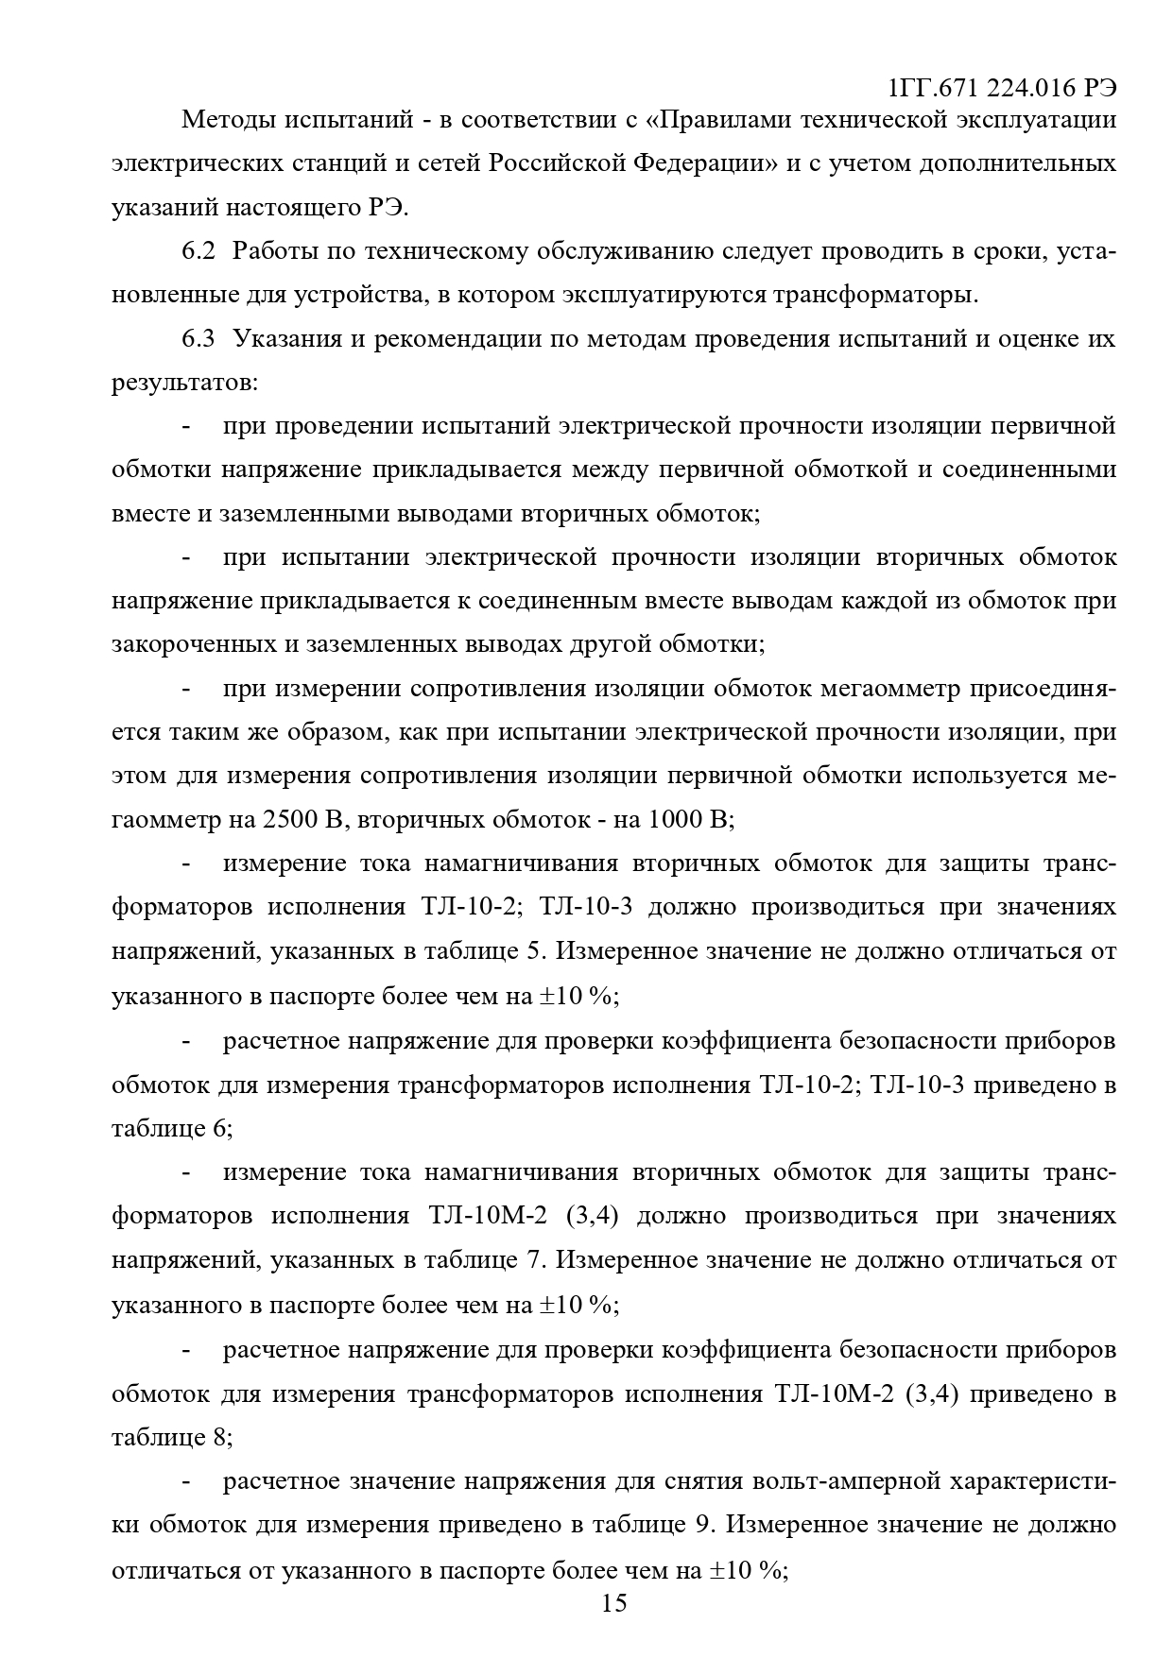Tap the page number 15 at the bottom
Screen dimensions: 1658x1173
point(613,1602)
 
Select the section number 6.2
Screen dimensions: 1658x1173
point(198,251)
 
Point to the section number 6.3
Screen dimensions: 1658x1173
point(198,338)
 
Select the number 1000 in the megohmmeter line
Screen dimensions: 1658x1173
point(675,819)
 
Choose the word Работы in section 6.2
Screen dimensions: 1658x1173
point(273,251)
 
